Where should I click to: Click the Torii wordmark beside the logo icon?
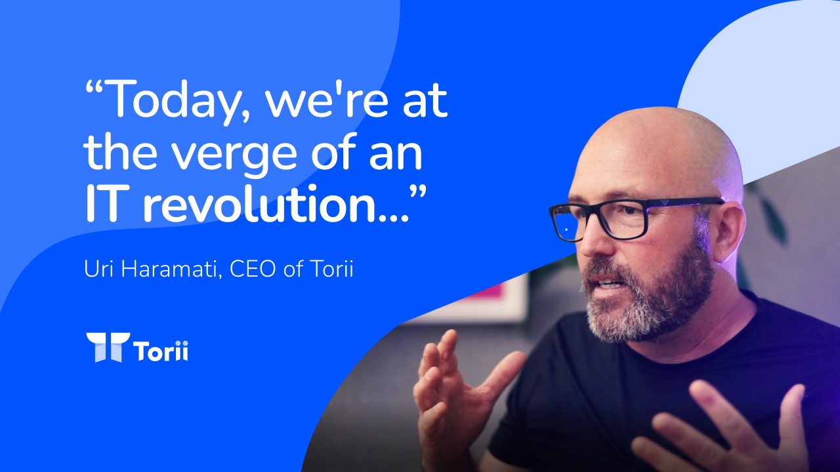(161, 351)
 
